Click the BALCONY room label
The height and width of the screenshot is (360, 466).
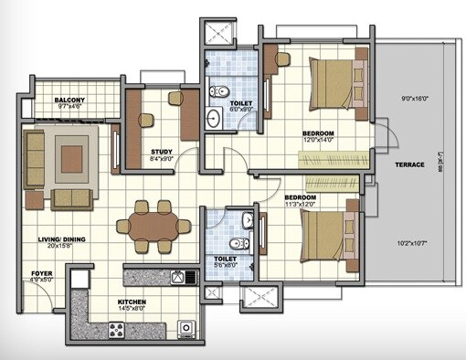tap(69, 100)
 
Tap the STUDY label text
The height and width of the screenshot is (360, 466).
tap(162, 153)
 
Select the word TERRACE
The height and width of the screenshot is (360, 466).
tap(409, 164)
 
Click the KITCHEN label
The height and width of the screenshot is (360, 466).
tap(132, 301)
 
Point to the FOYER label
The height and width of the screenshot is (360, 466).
tap(41, 273)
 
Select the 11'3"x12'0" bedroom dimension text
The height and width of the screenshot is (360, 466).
tap(300, 206)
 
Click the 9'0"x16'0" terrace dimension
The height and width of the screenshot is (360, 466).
tap(421, 98)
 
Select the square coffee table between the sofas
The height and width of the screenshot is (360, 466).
tap(71, 158)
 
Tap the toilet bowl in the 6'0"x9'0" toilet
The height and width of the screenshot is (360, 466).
tap(219, 92)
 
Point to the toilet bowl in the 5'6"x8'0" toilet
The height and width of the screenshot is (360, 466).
tap(237, 244)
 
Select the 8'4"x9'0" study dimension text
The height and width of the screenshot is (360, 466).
tap(162, 161)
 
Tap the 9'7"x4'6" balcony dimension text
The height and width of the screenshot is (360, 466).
tap(69, 108)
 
